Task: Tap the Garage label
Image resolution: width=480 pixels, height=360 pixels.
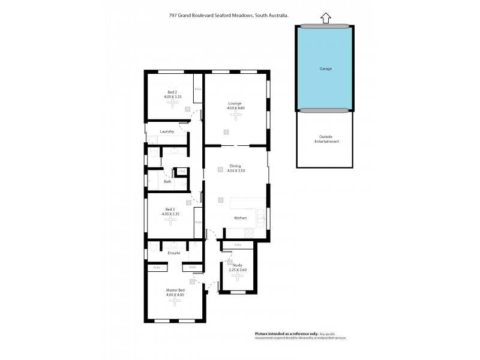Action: (x=325, y=68)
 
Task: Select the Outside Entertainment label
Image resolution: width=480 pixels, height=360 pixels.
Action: (x=326, y=139)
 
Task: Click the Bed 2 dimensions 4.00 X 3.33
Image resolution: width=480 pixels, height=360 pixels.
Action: (x=172, y=96)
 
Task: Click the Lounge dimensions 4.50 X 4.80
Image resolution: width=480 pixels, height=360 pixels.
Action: (x=236, y=107)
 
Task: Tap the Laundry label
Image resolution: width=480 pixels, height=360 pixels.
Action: (x=167, y=131)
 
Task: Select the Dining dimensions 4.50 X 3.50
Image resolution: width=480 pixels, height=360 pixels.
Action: (x=235, y=171)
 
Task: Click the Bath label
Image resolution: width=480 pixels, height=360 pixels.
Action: (x=167, y=181)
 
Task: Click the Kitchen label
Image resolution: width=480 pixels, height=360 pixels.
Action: (x=240, y=218)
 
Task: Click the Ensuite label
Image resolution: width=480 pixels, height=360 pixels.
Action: (x=174, y=253)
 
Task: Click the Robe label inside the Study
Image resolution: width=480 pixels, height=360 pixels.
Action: (x=238, y=245)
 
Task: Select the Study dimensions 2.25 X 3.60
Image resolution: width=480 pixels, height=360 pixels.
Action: (x=238, y=270)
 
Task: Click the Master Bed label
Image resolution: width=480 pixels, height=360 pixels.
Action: (x=175, y=290)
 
